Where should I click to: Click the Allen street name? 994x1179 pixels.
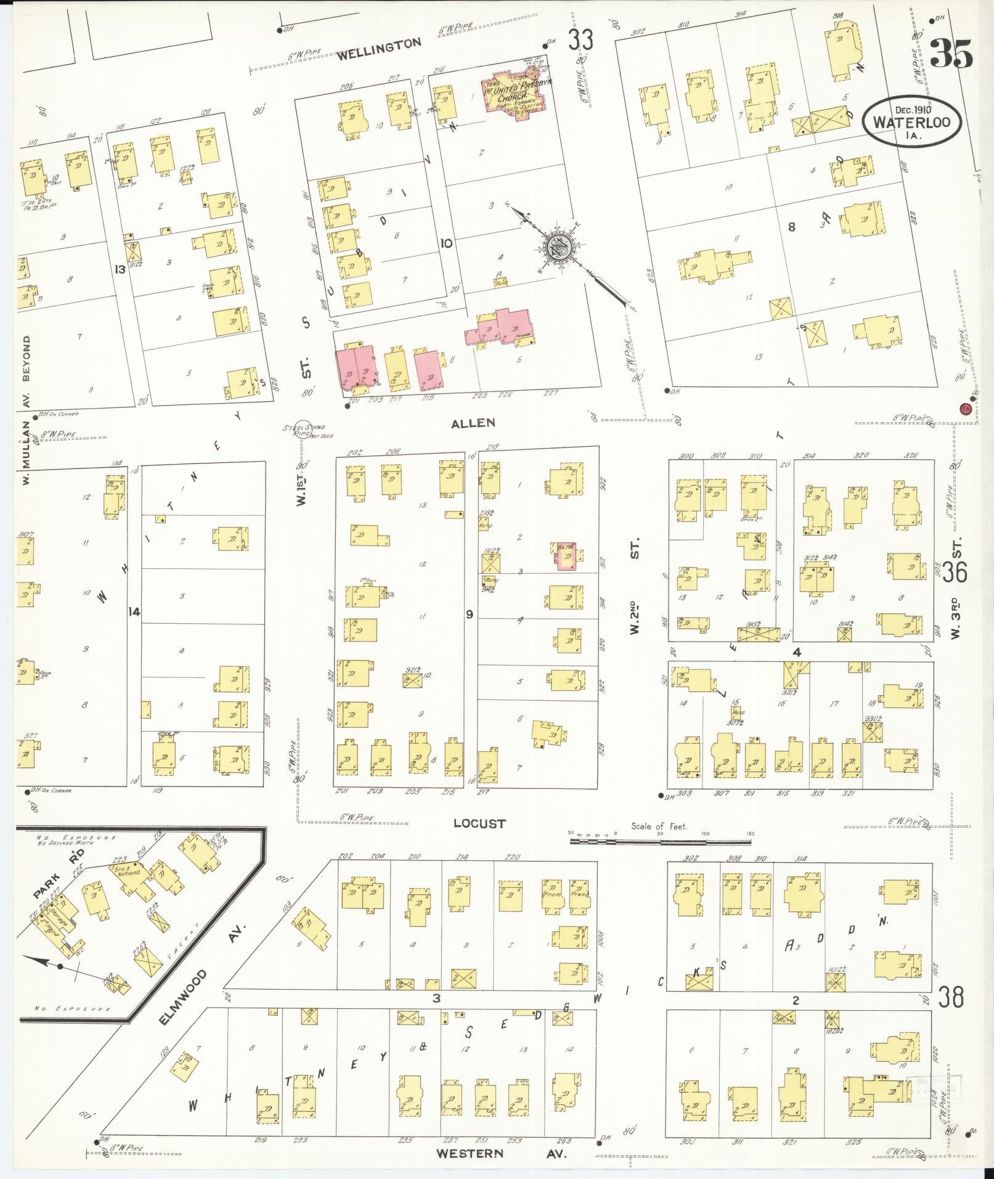pyautogui.click(x=473, y=423)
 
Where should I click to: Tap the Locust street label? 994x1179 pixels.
pyautogui.click(x=479, y=823)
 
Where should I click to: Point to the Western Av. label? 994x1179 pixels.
pyautogui.click(x=501, y=1152)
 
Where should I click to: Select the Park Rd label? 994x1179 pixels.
pyautogui.click(x=58, y=873)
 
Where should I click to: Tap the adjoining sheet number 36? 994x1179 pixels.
pyautogui.click(x=953, y=572)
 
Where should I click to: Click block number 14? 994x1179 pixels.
pyautogui.click(x=134, y=612)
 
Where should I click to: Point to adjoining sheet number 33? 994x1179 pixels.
pyautogui.click(x=580, y=40)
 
